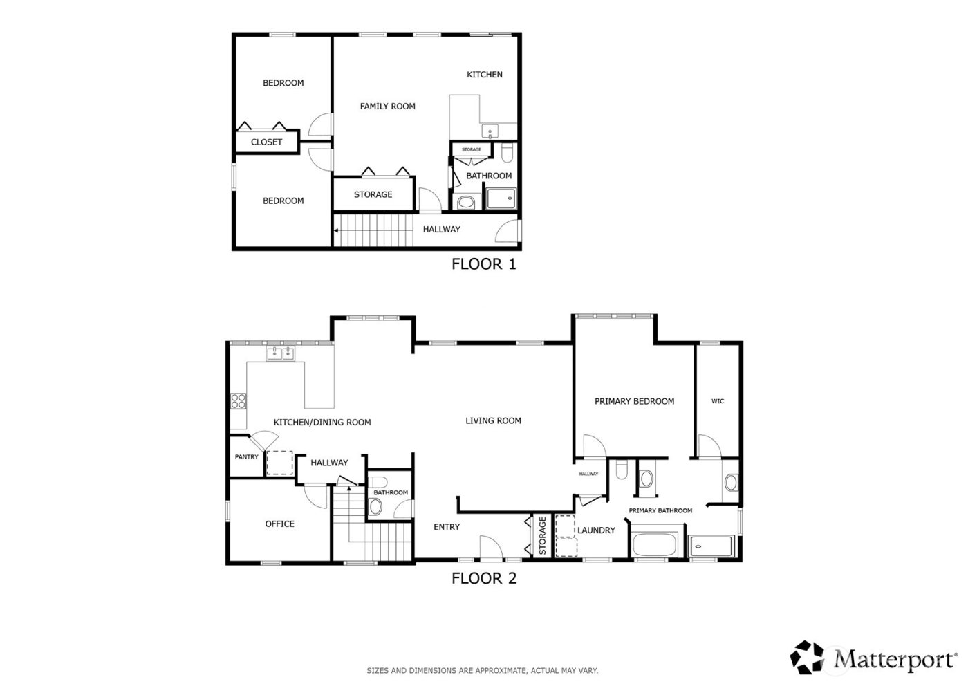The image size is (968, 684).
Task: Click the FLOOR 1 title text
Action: coord(483,264)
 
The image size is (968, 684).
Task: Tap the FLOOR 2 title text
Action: coord(483,578)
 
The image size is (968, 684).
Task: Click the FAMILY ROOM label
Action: coord(387,107)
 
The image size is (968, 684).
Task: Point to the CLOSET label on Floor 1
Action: coord(266,142)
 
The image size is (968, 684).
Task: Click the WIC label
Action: coord(718,401)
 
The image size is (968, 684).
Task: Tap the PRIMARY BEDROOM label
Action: coord(634,401)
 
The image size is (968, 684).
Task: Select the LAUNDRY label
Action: coord(596,530)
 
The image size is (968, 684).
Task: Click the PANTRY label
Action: coord(246,457)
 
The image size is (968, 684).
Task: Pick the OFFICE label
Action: coord(280,524)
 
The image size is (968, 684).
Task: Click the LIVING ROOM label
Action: coord(493,420)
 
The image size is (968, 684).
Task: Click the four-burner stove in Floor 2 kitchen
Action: coord(239,401)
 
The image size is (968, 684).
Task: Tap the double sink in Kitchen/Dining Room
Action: coord(281,354)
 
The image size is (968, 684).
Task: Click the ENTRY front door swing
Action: coord(490,547)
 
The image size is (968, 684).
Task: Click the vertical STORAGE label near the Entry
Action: coord(543,535)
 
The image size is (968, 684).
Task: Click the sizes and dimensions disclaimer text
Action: coord(482,670)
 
